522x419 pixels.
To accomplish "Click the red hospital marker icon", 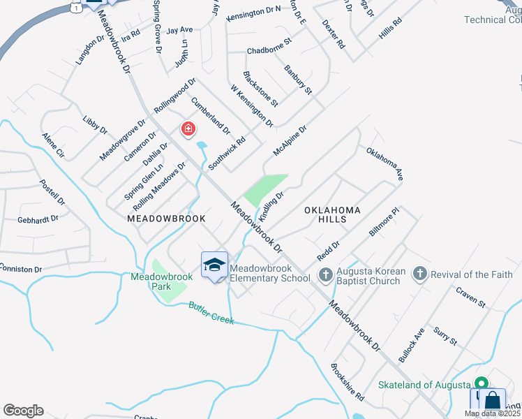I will coord(188,128).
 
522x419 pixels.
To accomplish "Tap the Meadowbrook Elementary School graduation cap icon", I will coord(214,265).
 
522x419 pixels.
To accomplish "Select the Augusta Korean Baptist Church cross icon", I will coord(325,274).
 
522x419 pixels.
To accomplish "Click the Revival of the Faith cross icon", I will coord(419,274).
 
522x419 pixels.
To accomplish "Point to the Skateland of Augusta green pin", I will coord(481,384).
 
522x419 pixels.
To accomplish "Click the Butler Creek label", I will coord(210,313).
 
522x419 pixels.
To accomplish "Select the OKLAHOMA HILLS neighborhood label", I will coord(332,214).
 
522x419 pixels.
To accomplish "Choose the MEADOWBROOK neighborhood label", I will coord(166,218).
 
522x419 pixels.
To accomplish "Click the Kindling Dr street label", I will coord(271,206).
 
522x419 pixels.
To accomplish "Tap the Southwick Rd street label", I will coord(227,153).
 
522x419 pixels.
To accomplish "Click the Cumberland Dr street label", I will coord(211,115).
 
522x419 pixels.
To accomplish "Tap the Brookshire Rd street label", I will coord(348,382).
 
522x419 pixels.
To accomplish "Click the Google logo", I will coord(23,411).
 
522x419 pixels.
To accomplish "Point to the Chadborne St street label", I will coord(269,50).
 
